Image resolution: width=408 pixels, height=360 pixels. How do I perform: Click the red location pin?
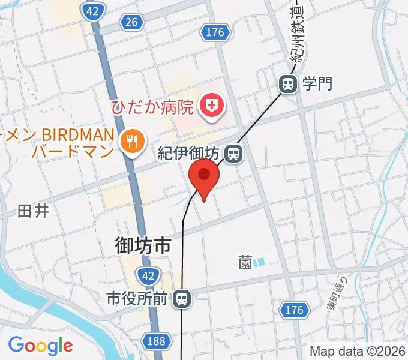click(x=204, y=176)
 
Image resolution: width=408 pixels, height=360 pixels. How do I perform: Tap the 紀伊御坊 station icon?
click(x=234, y=154)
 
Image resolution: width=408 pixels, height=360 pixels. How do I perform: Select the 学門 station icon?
click(x=288, y=85)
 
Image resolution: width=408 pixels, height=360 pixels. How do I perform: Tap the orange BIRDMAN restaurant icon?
click(x=130, y=142)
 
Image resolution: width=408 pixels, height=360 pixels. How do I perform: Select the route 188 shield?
click(x=156, y=341)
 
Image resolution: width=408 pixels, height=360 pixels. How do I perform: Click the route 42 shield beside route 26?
click(x=92, y=11)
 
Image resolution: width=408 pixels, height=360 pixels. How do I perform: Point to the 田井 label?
click(x=32, y=211)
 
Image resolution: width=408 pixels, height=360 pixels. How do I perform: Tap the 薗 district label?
click(x=245, y=262)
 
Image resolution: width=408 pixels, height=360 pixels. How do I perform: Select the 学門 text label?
click(x=317, y=85)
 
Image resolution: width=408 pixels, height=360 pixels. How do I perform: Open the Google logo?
click(x=40, y=346)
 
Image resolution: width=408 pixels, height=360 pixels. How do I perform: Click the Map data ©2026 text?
click(x=357, y=352)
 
